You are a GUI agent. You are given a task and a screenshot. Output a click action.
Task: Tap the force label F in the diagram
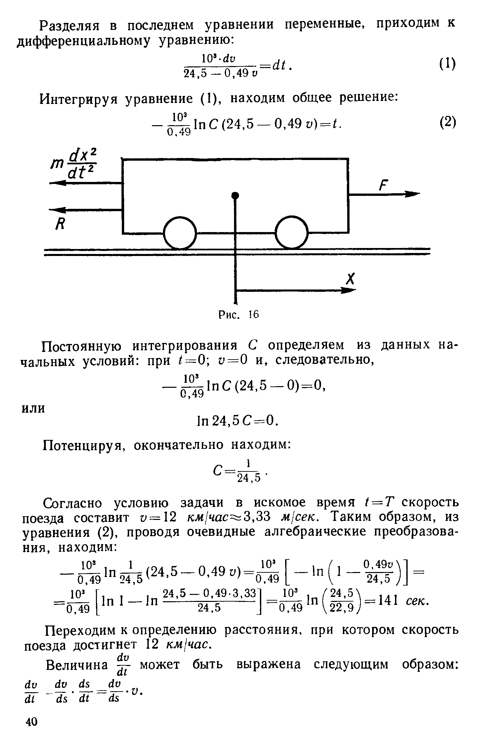click(x=385, y=185)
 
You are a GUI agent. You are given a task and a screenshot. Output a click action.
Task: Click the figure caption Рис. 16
click(x=238, y=314)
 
